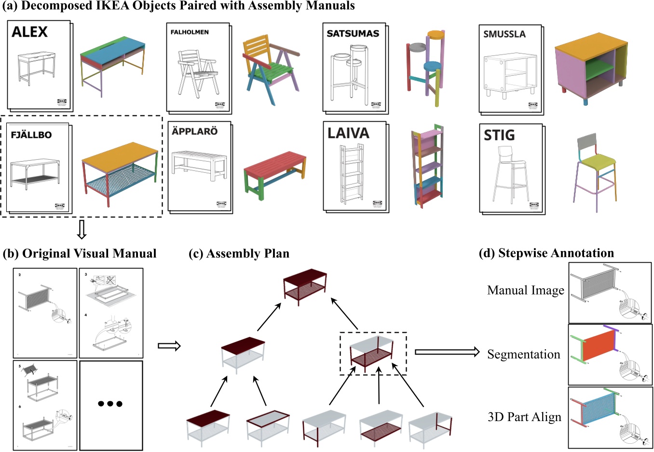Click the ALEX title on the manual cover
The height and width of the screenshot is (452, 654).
pos(30,32)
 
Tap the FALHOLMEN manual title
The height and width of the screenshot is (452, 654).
pos(190,32)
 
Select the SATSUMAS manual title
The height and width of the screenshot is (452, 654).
pos(353,34)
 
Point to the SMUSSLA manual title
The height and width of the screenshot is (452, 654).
pos(504,34)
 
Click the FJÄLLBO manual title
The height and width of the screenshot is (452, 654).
pos(31,135)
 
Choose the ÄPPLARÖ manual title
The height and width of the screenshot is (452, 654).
pos(195,131)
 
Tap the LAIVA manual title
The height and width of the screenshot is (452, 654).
pos(348,133)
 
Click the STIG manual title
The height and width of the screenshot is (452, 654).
pos(499,135)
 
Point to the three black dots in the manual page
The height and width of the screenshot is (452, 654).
pos(110,404)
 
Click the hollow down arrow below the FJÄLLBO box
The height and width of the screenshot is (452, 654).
pos(82,229)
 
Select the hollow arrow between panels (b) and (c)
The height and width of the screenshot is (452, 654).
pos(169,346)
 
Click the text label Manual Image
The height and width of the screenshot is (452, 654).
pos(526,290)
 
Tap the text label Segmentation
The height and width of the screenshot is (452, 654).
pos(524,354)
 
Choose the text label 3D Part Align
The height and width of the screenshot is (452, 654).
pos(525,417)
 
